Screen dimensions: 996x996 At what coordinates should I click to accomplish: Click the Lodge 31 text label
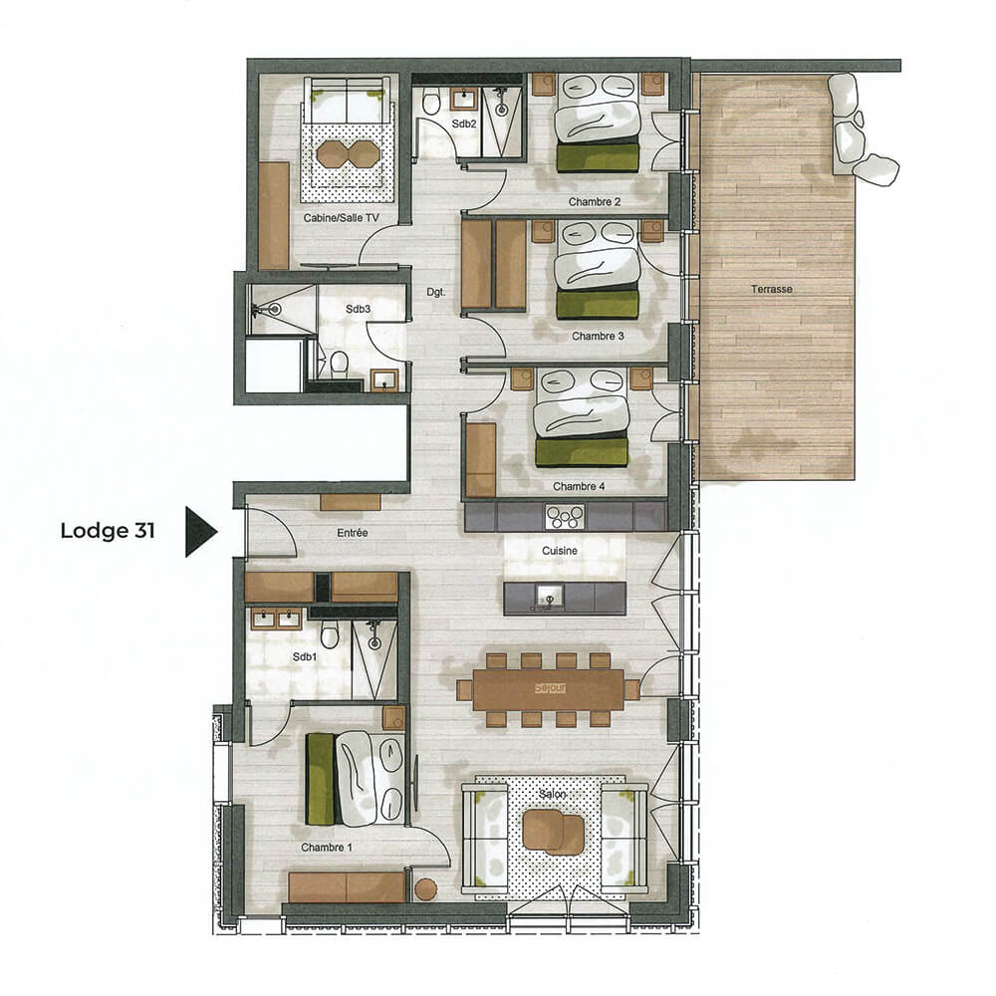(108, 531)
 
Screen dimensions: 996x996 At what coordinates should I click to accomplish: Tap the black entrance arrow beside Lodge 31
(199, 532)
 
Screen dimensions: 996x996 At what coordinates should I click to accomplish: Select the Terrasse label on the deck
(773, 289)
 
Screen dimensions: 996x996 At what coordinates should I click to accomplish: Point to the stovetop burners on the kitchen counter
(564, 515)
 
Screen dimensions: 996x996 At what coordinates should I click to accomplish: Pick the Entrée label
(353, 533)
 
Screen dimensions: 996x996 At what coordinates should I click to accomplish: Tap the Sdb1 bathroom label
(305, 657)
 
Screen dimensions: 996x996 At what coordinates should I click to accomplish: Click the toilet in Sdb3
(339, 363)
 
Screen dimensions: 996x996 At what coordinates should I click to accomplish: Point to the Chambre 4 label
(579, 487)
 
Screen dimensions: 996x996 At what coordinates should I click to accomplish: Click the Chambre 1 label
(327, 848)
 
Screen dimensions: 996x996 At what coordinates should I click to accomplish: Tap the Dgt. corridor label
(435, 293)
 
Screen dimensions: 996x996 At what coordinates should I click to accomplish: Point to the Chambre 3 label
(598, 337)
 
